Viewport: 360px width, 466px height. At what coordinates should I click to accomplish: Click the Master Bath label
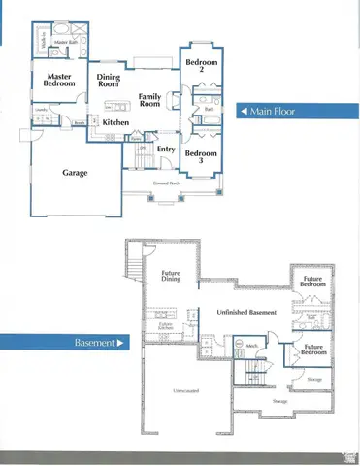(66, 43)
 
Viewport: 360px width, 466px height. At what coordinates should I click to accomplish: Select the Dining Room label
(108, 81)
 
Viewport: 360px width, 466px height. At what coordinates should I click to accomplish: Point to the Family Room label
(149, 101)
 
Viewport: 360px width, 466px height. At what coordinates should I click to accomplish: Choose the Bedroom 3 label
(200, 157)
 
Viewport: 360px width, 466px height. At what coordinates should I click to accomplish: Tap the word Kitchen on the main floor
(115, 123)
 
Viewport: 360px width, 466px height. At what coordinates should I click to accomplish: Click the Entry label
(165, 149)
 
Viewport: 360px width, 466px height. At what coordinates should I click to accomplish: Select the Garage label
(76, 173)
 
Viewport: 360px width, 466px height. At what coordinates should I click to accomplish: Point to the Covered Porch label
(166, 183)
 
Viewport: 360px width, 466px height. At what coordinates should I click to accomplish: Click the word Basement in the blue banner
(93, 343)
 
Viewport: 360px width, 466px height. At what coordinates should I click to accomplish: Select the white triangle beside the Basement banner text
(121, 343)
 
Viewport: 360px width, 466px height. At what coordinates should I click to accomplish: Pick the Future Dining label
(171, 277)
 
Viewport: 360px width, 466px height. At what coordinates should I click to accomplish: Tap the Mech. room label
(251, 346)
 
